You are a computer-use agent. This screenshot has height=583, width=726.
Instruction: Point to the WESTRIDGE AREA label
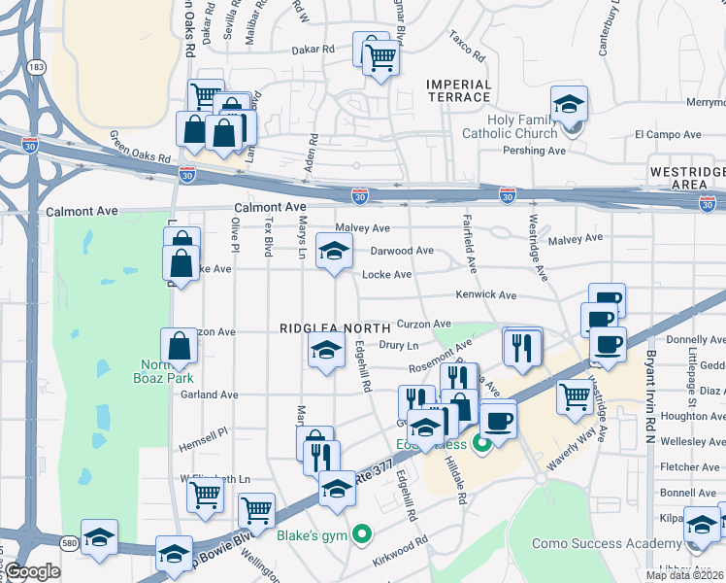[x=685, y=177]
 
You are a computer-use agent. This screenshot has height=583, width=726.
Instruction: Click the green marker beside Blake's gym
[x=362, y=532]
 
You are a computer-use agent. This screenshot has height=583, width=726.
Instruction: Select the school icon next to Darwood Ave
[x=333, y=252]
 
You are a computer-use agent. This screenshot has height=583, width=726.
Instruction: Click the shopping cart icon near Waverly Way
[x=575, y=395]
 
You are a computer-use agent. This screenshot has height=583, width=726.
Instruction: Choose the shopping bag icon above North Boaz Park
[x=180, y=345]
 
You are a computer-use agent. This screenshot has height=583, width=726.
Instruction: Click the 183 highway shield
[x=35, y=67]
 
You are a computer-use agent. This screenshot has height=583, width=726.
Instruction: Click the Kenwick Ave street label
[x=486, y=294]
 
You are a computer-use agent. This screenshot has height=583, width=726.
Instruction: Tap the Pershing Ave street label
[x=534, y=151]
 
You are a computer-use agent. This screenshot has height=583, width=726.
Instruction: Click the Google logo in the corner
[x=33, y=572]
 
